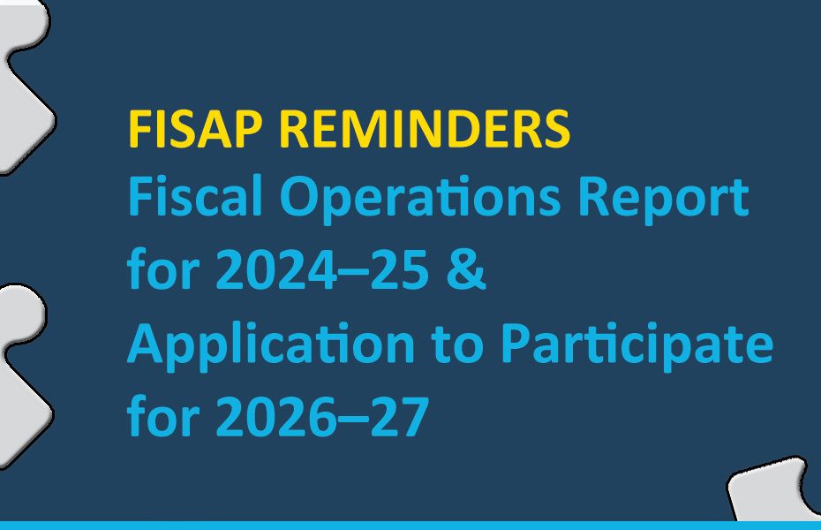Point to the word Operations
[x=419, y=200]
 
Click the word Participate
[x=636, y=346]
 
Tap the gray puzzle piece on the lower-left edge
[x=19, y=371]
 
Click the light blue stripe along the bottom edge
[x=410, y=525]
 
